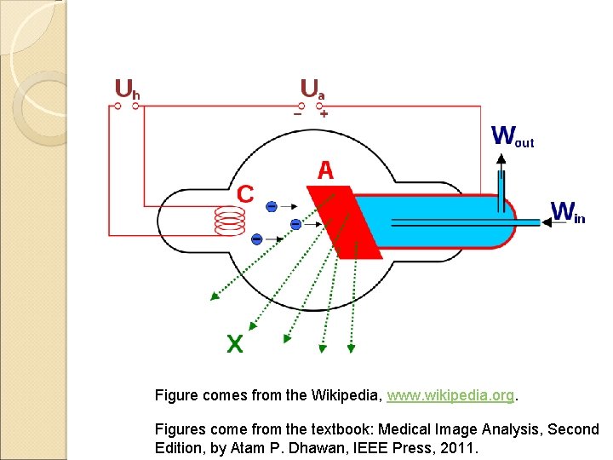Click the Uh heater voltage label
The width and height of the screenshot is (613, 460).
click(x=128, y=89)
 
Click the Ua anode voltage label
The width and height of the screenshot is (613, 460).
click(x=312, y=89)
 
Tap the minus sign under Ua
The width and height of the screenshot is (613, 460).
click(x=298, y=114)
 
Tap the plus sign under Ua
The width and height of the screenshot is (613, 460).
click(x=324, y=114)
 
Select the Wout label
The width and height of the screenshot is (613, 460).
click(x=513, y=136)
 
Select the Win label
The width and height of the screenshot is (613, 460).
click(x=568, y=211)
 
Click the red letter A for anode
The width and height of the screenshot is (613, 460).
click(x=325, y=171)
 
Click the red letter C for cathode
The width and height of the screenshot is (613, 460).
click(x=244, y=194)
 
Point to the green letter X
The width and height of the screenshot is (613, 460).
click(x=234, y=344)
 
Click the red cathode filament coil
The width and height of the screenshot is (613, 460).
click(x=229, y=222)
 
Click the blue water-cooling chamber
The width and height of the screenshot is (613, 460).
click(x=434, y=221)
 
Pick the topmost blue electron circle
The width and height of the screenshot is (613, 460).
click(x=271, y=206)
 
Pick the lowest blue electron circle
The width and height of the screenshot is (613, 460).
click(x=256, y=239)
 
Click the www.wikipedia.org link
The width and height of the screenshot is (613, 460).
click(x=450, y=396)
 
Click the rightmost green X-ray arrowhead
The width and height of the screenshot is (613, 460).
click(x=351, y=348)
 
